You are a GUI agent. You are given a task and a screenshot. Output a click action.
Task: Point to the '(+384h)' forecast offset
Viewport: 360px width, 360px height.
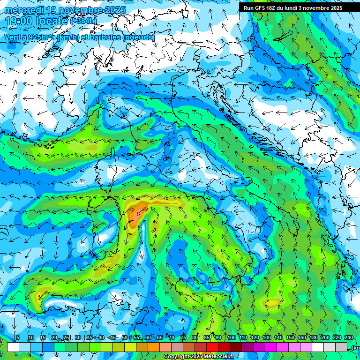coord(83,21)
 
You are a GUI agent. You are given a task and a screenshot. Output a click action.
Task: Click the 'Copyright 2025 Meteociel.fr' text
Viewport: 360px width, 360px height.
coord(198,357)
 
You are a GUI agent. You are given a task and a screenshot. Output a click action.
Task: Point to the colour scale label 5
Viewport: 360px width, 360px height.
coord(18,338)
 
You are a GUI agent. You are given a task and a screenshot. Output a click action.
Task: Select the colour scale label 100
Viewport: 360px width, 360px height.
coord(231,338)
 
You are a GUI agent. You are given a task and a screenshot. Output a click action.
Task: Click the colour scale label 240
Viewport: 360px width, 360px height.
coord(348,338)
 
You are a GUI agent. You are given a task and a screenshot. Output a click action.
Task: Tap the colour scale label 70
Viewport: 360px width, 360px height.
coord(172,338)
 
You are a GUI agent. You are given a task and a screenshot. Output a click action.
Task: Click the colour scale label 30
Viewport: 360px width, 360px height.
coord(77,338)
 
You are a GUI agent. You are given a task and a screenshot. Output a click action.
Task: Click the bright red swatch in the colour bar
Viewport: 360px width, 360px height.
coord(212,347)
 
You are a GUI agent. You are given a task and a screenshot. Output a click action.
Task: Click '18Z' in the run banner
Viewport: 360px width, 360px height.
coord(277,8)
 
